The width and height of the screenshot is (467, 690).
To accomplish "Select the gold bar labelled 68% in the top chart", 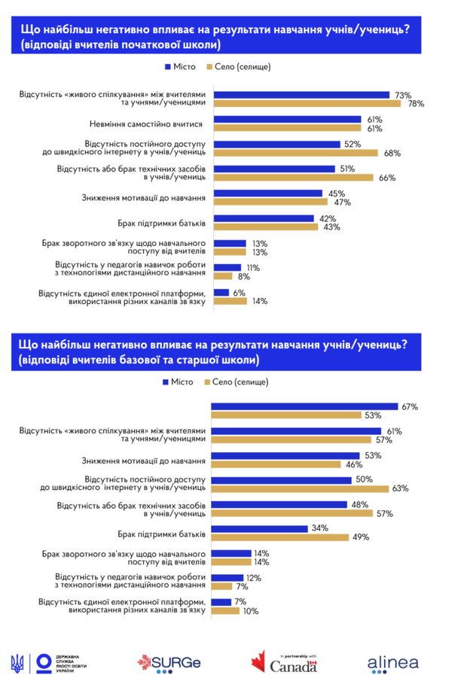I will click(x=295, y=153).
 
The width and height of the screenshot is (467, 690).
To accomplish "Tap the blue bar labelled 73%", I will click(x=301, y=95).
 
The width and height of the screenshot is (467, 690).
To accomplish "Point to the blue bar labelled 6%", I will click(x=221, y=292).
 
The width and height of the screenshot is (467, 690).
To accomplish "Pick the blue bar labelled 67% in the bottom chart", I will click(x=304, y=406).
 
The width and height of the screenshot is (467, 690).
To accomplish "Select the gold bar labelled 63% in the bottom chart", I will click(x=299, y=488).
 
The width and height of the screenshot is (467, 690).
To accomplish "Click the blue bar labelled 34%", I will click(x=259, y=529).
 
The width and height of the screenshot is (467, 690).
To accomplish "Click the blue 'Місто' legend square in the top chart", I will click(x=166, y=67).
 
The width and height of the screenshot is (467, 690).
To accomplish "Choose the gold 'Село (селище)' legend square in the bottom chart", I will click(x=208, y=382).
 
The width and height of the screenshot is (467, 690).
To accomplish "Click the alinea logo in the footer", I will click(x=395, y=663).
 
